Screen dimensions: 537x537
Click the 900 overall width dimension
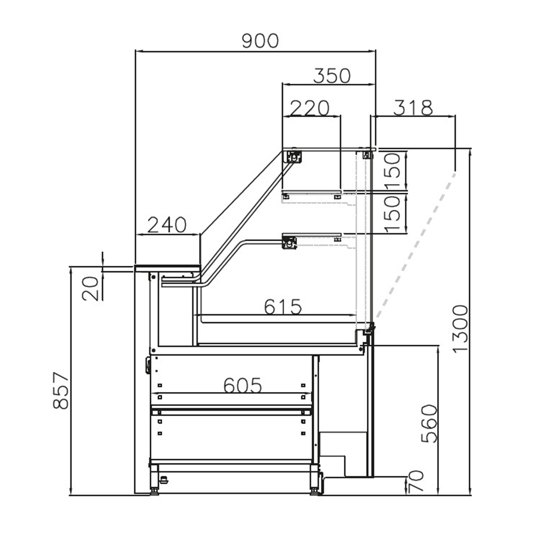point(260,41)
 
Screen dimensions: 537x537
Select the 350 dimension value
point(332,76)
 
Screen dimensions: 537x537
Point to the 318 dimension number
point(413,108)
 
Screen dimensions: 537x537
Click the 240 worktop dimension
point(168,224)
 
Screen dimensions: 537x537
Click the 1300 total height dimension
point(460,329)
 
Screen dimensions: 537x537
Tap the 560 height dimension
point(429,424)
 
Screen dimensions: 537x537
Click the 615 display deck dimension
point(283,307)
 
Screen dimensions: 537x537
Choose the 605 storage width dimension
point(243,384)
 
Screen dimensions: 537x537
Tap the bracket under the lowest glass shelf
point(290,243)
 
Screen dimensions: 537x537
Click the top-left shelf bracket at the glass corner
point(294,156)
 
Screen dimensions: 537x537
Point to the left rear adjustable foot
point(155,490)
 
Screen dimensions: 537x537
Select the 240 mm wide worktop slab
point(168,267)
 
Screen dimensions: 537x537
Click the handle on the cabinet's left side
point(147,365)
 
